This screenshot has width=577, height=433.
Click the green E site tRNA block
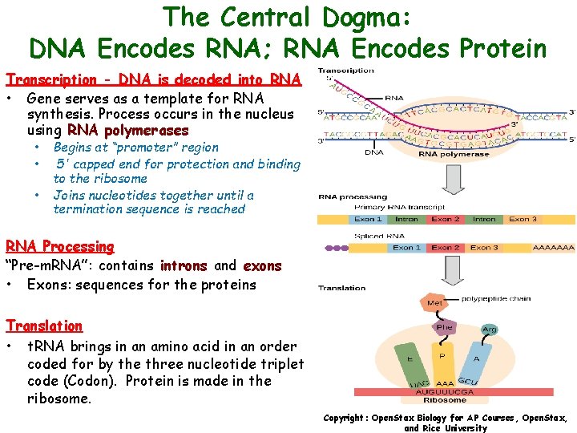(410, 359)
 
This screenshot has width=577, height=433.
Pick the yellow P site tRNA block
(442, 355)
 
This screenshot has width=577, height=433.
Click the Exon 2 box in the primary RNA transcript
(446, 219)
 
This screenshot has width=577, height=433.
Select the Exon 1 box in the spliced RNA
(407, 248)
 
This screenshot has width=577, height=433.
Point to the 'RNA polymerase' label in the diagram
(443, 154)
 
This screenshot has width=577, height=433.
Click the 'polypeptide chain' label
(495, 298)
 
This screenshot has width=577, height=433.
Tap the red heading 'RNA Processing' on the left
(60, 247)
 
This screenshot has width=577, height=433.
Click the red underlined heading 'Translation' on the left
(44, 326)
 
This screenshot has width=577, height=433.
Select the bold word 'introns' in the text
(184, 265)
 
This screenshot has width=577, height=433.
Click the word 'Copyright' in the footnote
(345, 418)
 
